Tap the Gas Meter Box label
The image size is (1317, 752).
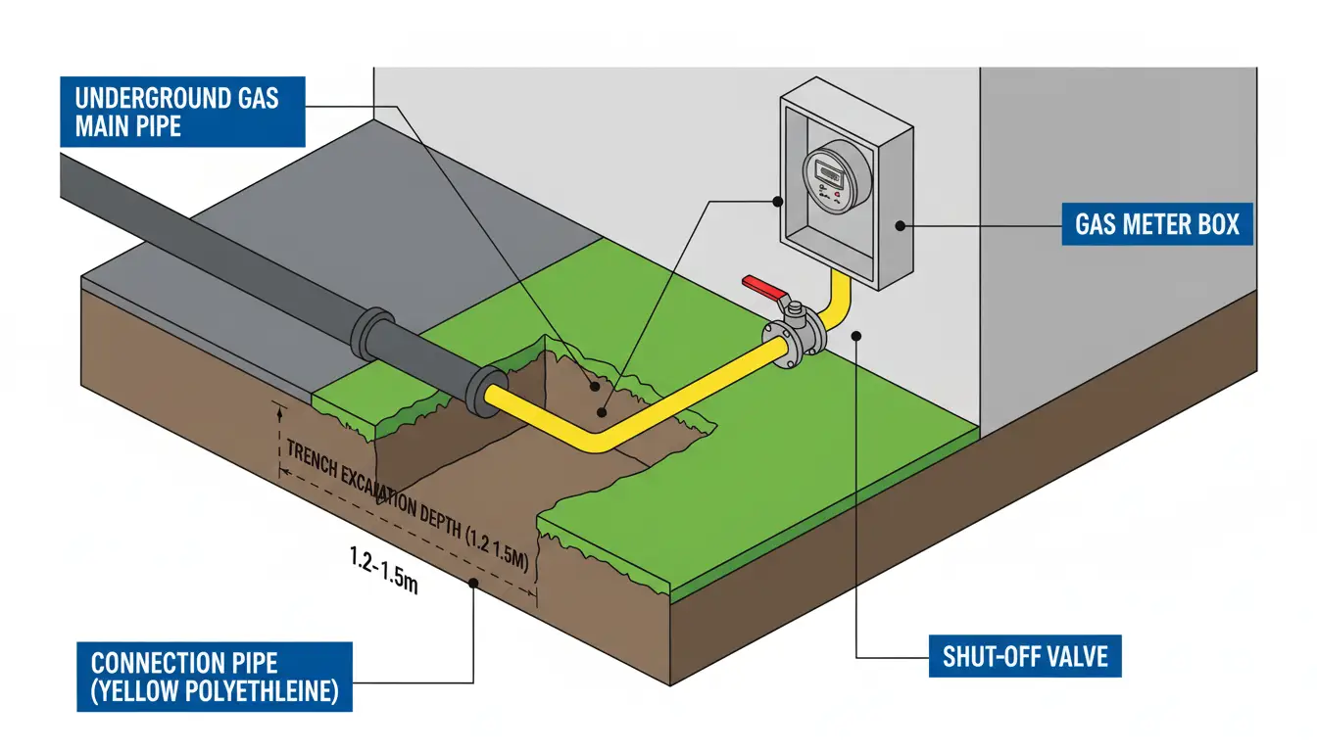click(1157, 225)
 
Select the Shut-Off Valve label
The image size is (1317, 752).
click(1025, 655)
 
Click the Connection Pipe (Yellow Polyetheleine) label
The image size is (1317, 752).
click(214, 676)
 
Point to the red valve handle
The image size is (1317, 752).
click(765, 285)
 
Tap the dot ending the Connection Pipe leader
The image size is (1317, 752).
click(474, 585)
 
